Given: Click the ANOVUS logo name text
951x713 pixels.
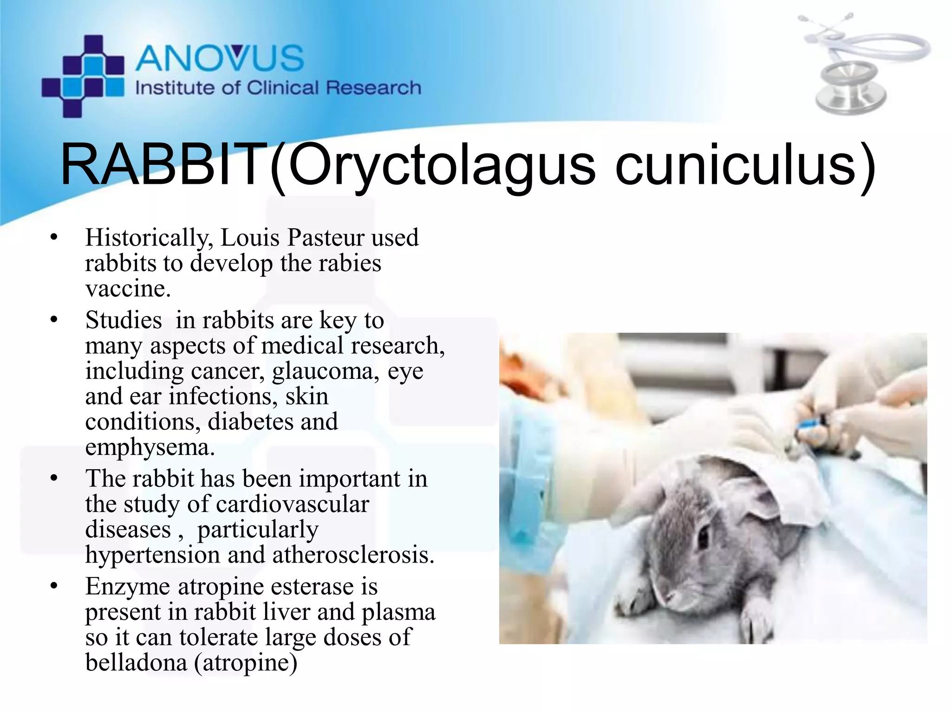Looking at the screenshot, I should (x=220, y=58).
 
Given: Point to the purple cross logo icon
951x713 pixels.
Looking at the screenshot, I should (x=83, y=76).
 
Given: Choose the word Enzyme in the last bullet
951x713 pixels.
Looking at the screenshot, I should (x=128, y=587).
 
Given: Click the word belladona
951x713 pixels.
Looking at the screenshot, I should (x=136, y=662).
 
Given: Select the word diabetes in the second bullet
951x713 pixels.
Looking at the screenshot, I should (x=250, y=422).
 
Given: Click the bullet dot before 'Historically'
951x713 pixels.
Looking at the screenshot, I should (x=54, y=237).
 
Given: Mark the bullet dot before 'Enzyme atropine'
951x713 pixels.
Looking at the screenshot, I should (x=54, y=586).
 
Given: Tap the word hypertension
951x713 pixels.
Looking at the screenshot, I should (x=152, y=555).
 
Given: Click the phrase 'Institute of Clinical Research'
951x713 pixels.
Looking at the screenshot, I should (x=278, y=88).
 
